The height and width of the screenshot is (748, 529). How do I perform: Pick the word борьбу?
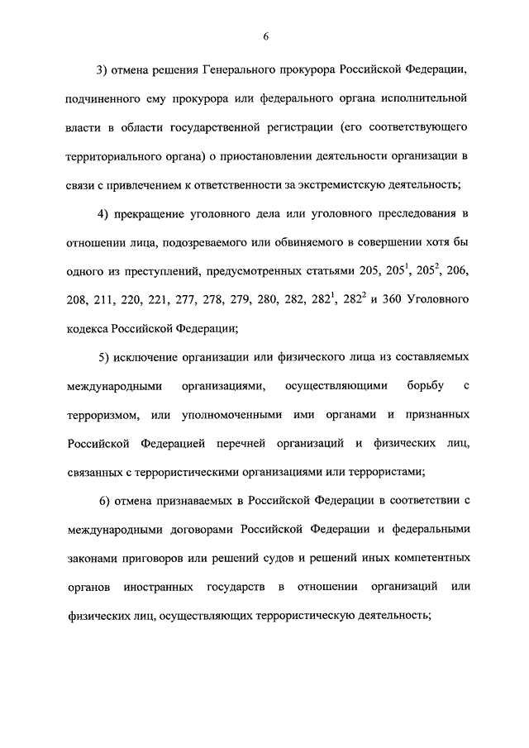(414, 386)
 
